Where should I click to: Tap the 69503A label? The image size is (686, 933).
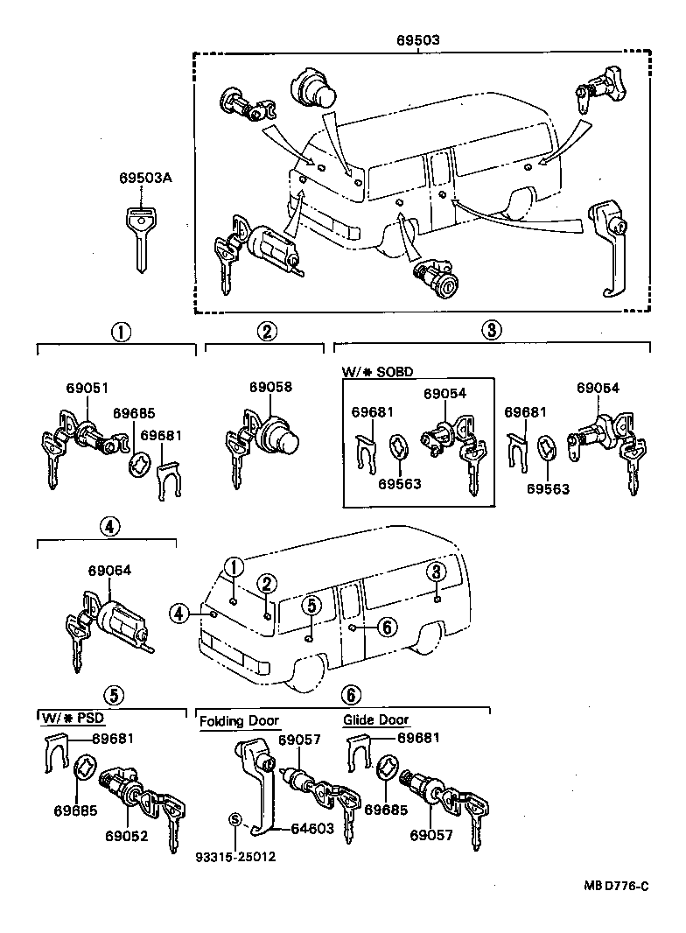(145, 178)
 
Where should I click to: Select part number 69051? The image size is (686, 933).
(87, 387)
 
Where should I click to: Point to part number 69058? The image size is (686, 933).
(270, 387)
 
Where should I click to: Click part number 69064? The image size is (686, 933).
(109, 571)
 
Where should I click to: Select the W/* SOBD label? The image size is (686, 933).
(377, 371)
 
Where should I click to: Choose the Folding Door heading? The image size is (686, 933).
(239, 721)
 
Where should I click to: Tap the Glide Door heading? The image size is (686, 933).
(375, 720)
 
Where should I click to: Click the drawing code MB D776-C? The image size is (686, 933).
(616, 886)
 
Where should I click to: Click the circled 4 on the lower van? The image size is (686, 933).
(179, 614)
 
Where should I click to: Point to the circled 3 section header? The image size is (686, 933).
(492, 330)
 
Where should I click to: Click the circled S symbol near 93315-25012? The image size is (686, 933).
(234, 819)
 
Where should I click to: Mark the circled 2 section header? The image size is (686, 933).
(267, 331)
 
